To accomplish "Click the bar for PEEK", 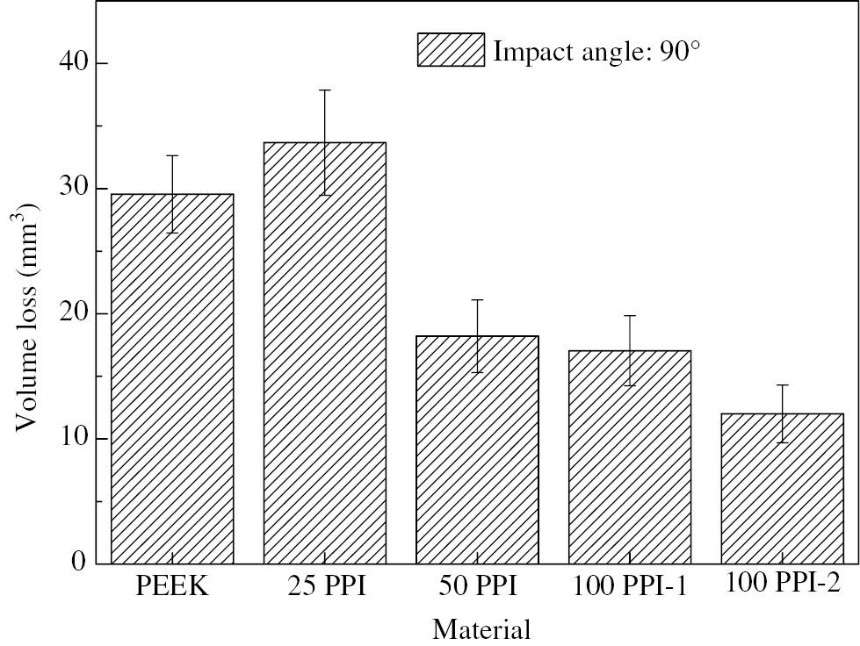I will [x=172, y=378].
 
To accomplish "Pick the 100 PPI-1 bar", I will [x=629, y=456].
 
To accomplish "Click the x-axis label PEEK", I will [x=172, y=586].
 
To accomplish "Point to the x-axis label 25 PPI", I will [x=325, y=586].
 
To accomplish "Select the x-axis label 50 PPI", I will [x=477, y=586].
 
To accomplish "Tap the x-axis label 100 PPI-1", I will [x=629, y=586].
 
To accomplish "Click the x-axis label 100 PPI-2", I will [x=782, y=585].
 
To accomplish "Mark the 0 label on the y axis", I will [x=78, y=563].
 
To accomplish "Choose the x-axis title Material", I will [x=481, y=629].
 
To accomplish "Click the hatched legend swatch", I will [x=451, y=50].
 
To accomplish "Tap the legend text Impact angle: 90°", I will [x=596, y=51].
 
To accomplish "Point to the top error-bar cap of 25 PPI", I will [x=325, y=90].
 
